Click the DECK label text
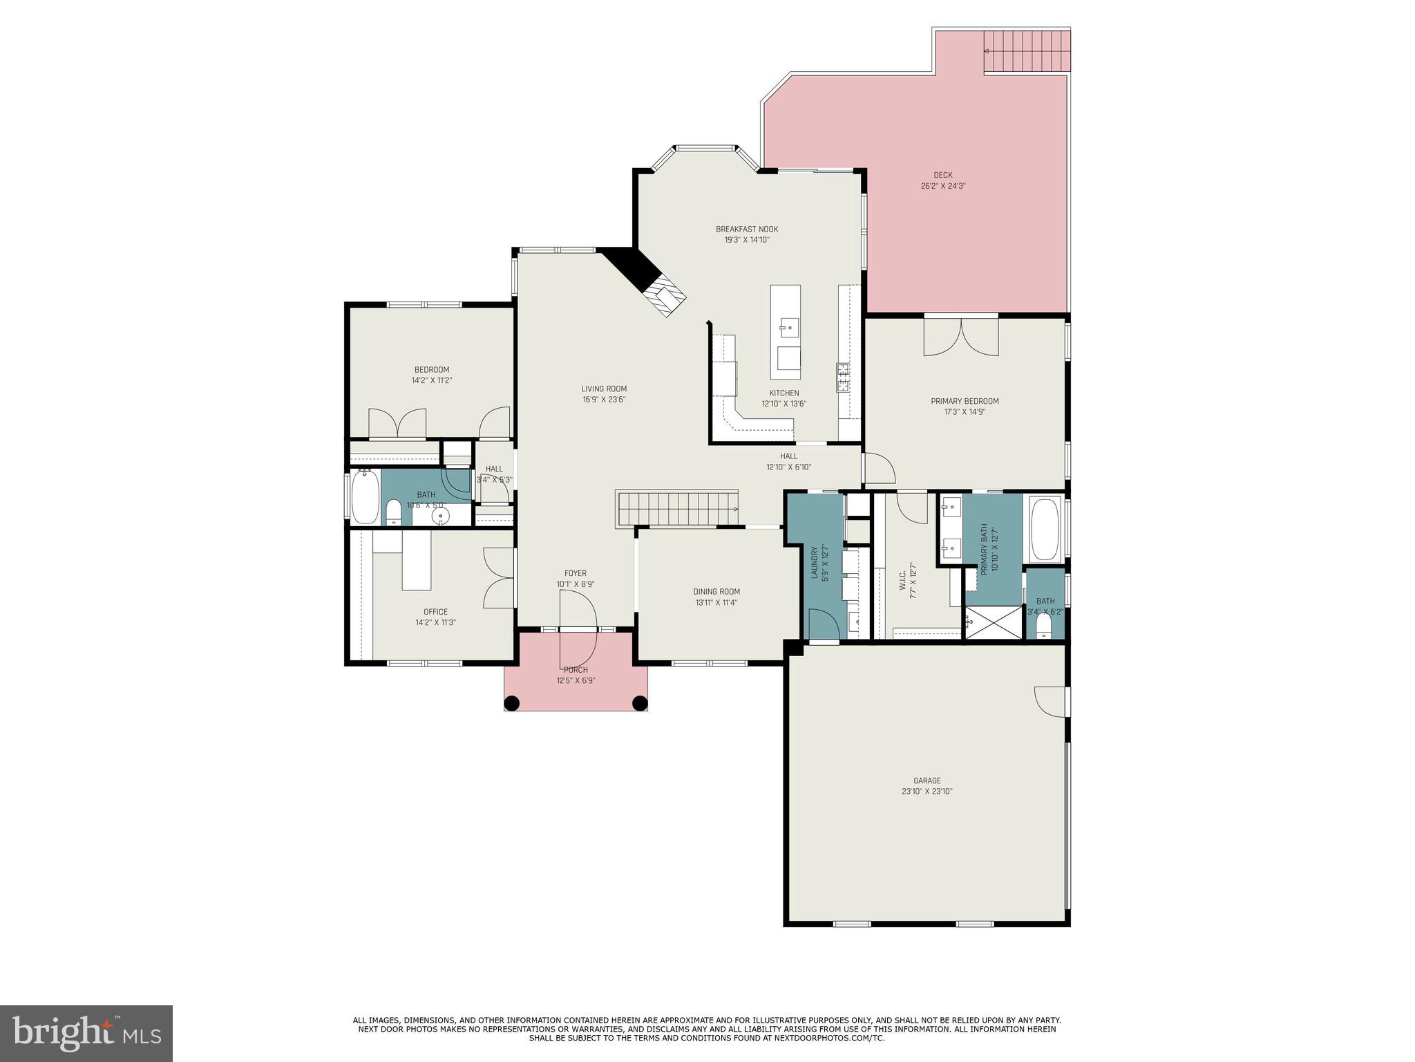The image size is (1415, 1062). tap(942, 175)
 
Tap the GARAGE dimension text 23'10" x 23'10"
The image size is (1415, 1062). tap(927, 792)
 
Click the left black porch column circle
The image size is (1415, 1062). tap(511, 703)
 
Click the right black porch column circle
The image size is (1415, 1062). tap(640, 703)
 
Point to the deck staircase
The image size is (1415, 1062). tap(1027, 50)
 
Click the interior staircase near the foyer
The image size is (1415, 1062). tap(677, 509)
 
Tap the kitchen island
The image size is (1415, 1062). tap(786, 332)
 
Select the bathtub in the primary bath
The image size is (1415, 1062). tap(1045, 529)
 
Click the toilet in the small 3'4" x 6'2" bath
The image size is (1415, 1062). tap(1044, 625)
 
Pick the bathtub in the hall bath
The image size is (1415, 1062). tap(365, 496)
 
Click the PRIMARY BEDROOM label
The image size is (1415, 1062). tap(965, 401)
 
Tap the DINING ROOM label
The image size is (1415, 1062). tap(716, 591)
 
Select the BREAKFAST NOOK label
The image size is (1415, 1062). tap(746, 229)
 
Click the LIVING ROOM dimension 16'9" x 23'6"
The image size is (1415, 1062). tap(603, 400)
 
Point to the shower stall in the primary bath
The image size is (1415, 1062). tap(993, 622)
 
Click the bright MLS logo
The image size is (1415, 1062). tap(86, 1033)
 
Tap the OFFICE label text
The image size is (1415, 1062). tap(435, 611)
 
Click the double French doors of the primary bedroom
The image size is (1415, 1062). tap(961, 337)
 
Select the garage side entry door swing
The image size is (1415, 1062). tap(1050, 701)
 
